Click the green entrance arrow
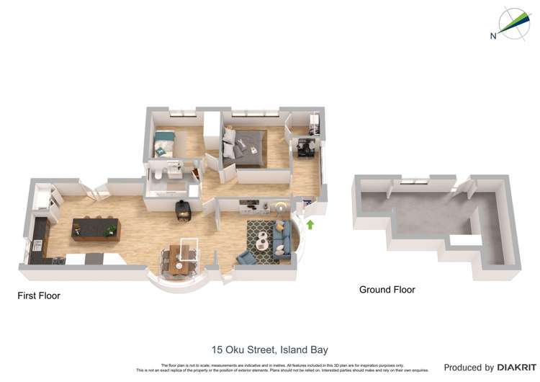click(x=310, y=225)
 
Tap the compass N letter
click(x=492, y=35)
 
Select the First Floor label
click(x=39, y=296)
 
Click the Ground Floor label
click(x=387, y=290)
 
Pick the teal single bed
click(x=165, y=142)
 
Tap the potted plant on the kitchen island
click(x=110, y=230)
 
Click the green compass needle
click(x=513, y=25)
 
